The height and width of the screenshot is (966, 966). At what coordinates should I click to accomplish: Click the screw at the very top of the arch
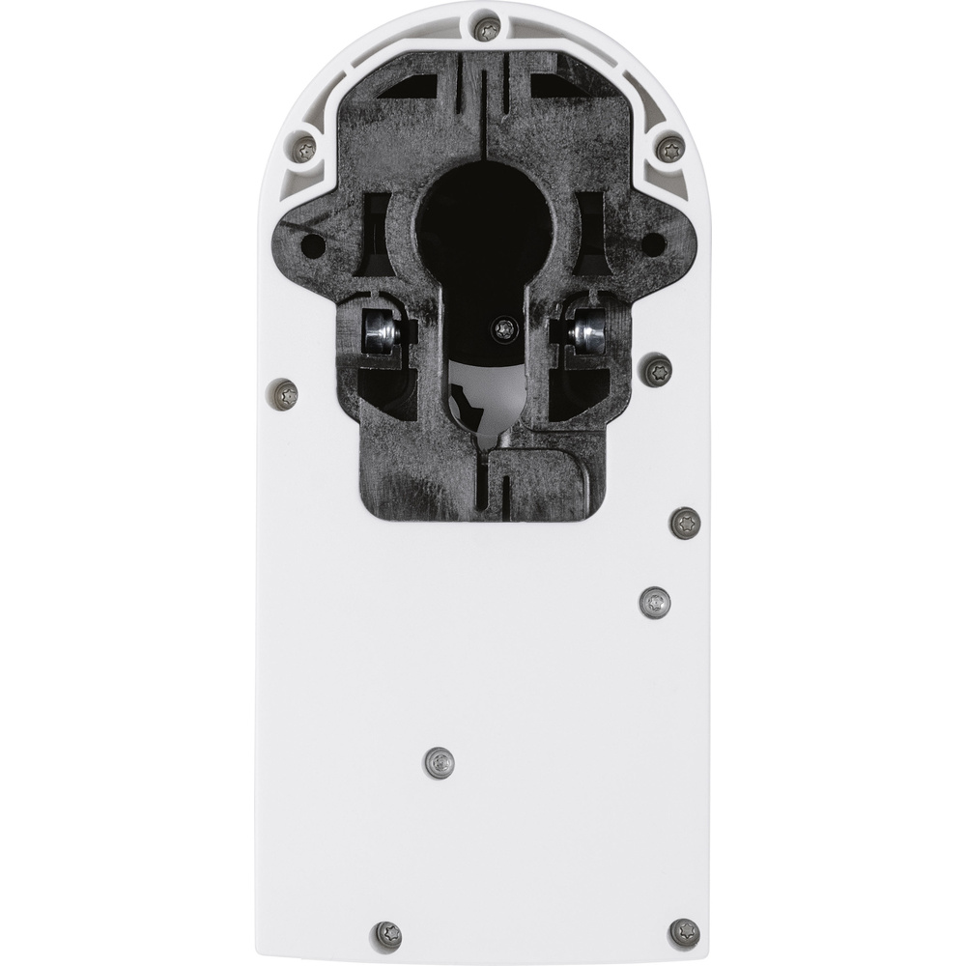click(488, 28)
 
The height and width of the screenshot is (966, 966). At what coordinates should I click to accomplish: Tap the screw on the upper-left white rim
click(305, 149)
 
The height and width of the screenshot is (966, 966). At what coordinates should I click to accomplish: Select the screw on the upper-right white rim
click(669, 148)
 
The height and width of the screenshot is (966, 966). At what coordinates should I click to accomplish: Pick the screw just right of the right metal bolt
click(657, 368)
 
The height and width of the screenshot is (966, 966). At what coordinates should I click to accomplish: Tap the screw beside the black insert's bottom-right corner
click(685, 523)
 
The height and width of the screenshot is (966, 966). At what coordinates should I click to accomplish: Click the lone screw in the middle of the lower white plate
click(439, 762)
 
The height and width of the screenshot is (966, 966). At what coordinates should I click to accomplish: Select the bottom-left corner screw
click(387, 934)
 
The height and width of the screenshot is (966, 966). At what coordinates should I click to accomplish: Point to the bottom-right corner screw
click(684, 932)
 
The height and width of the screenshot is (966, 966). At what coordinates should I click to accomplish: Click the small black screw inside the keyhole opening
click(502, 329)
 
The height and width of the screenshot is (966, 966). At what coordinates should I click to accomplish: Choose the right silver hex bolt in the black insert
click(586, 333)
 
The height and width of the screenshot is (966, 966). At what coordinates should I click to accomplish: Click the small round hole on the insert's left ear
click(312, 245)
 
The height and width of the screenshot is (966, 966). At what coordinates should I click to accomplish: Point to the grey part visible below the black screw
click(488, 396)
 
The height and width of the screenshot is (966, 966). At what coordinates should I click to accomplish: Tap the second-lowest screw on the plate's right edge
click(655, 602)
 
